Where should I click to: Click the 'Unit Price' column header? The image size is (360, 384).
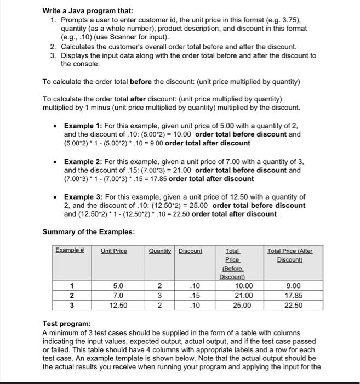[x=113, y=251]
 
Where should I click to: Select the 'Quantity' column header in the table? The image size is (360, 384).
[x=159, y=251]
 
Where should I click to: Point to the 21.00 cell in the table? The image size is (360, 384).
[x=244, y=296]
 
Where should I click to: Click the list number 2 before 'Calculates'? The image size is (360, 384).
[x=53, y=47]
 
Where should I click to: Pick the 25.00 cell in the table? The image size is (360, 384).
[x=244, y=306]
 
